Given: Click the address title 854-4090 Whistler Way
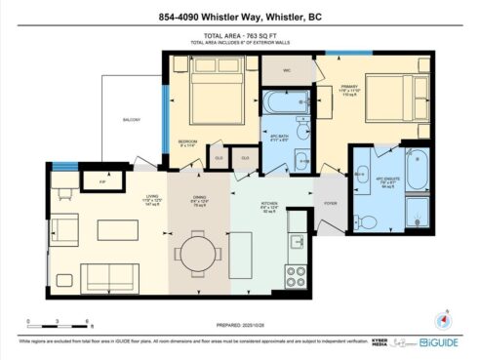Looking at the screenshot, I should tap(239, 16).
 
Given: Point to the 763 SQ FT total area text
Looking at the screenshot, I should tap(239, 37).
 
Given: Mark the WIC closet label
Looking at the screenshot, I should tap(288, 70).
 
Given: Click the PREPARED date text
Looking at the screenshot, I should tap(240, 325).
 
